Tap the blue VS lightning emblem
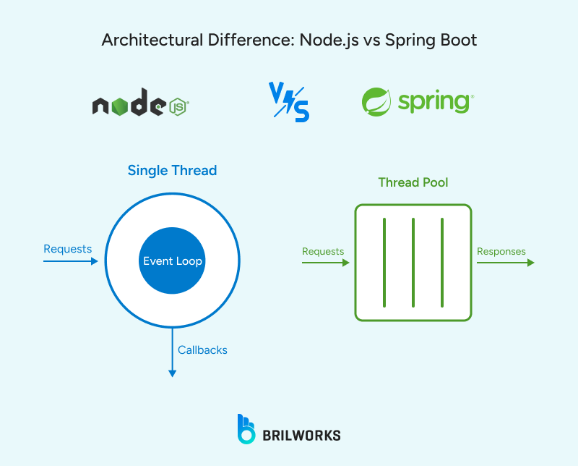pos(288,102)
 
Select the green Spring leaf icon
pos(376,102)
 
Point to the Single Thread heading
pos(172,171)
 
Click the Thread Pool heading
pos(413,182)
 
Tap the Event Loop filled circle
pos(172,261)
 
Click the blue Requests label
pos(68,249)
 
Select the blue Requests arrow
pos(70,262)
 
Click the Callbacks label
pos(202,350)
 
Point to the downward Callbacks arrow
pos(172,355)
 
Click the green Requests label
pos(323,251)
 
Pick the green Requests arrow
pos(325,263)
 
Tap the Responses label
pos(501,251)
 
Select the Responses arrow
pos(505,263)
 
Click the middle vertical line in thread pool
pos(413,262)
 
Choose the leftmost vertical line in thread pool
pos(384,262)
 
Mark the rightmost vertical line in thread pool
pos(442,262)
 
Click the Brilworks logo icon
pos(246,428)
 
